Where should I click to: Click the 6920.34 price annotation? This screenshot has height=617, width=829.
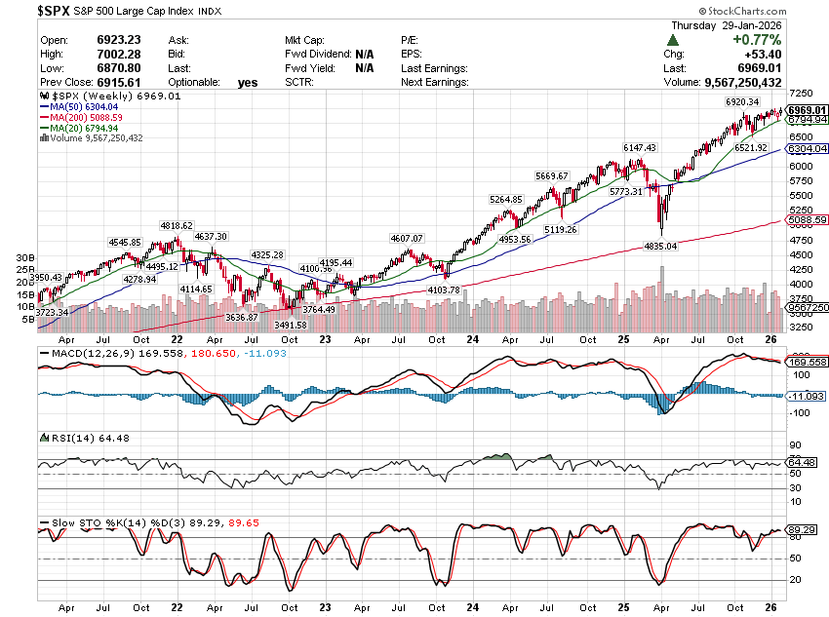tap(742, 101)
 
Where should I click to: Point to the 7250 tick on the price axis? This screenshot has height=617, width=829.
tap(801, 91)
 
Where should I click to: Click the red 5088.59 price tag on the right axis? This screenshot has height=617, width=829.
tap(808, 220)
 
